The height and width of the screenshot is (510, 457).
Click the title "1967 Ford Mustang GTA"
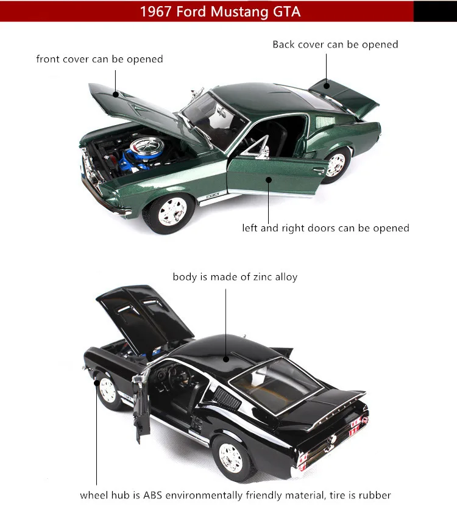click(x=220, y=12)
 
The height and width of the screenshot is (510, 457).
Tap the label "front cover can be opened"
click(x=99, y=59)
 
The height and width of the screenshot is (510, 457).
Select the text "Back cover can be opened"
click(x=335, y=45)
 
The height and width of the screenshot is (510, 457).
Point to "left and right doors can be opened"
click(x=325, y=228)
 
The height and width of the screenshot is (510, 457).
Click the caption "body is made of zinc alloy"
click(x=235, y=277)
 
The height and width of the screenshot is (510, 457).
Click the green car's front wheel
click(x=168, y=211)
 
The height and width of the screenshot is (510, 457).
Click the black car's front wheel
click(x=109, y=390)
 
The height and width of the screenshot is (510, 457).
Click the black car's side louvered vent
click(x=227, y=400)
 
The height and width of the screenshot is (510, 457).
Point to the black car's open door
click(x=144, y=406)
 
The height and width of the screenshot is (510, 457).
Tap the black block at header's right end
click(x=434, y=11)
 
